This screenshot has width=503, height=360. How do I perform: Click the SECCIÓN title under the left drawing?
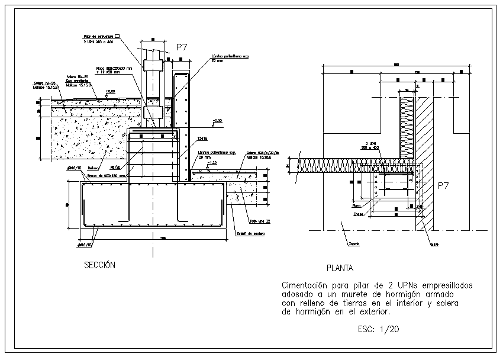pos(99,265)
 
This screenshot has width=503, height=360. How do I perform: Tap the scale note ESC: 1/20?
pos(379,329)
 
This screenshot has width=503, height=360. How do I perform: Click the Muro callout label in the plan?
pos(434,244)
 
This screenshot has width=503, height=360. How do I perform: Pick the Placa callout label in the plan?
pos(357,206)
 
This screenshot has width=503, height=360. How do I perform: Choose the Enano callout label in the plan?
pos(358,214)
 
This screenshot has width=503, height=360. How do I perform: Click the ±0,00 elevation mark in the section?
pos(110,92)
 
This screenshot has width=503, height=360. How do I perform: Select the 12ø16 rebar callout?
pos(202,137)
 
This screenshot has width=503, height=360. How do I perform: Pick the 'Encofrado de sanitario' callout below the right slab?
pos(251,233)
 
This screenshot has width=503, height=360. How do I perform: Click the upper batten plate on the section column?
pos(152,65)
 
